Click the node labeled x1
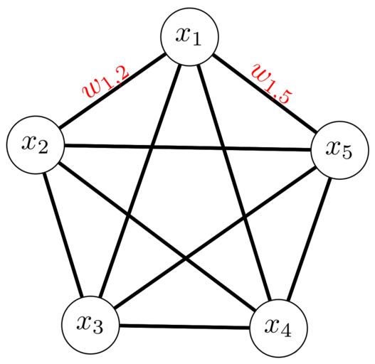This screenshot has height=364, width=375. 190,36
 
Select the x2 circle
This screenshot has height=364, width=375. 36,144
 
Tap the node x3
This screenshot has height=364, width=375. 90,325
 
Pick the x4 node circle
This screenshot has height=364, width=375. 278,328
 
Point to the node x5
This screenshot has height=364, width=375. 339,150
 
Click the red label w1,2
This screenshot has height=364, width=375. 106,82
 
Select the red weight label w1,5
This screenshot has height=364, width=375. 272,84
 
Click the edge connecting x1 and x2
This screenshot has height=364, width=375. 112,90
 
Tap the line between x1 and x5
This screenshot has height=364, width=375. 265,93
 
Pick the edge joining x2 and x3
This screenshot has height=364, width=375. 63,235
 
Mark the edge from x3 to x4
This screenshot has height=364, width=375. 184,326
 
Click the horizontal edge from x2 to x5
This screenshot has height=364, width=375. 188,147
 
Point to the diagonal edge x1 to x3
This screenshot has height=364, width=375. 140,181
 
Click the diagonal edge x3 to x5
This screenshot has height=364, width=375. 215,237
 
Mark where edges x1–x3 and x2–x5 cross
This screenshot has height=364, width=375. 152,146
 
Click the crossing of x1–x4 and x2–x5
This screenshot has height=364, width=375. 223,148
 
